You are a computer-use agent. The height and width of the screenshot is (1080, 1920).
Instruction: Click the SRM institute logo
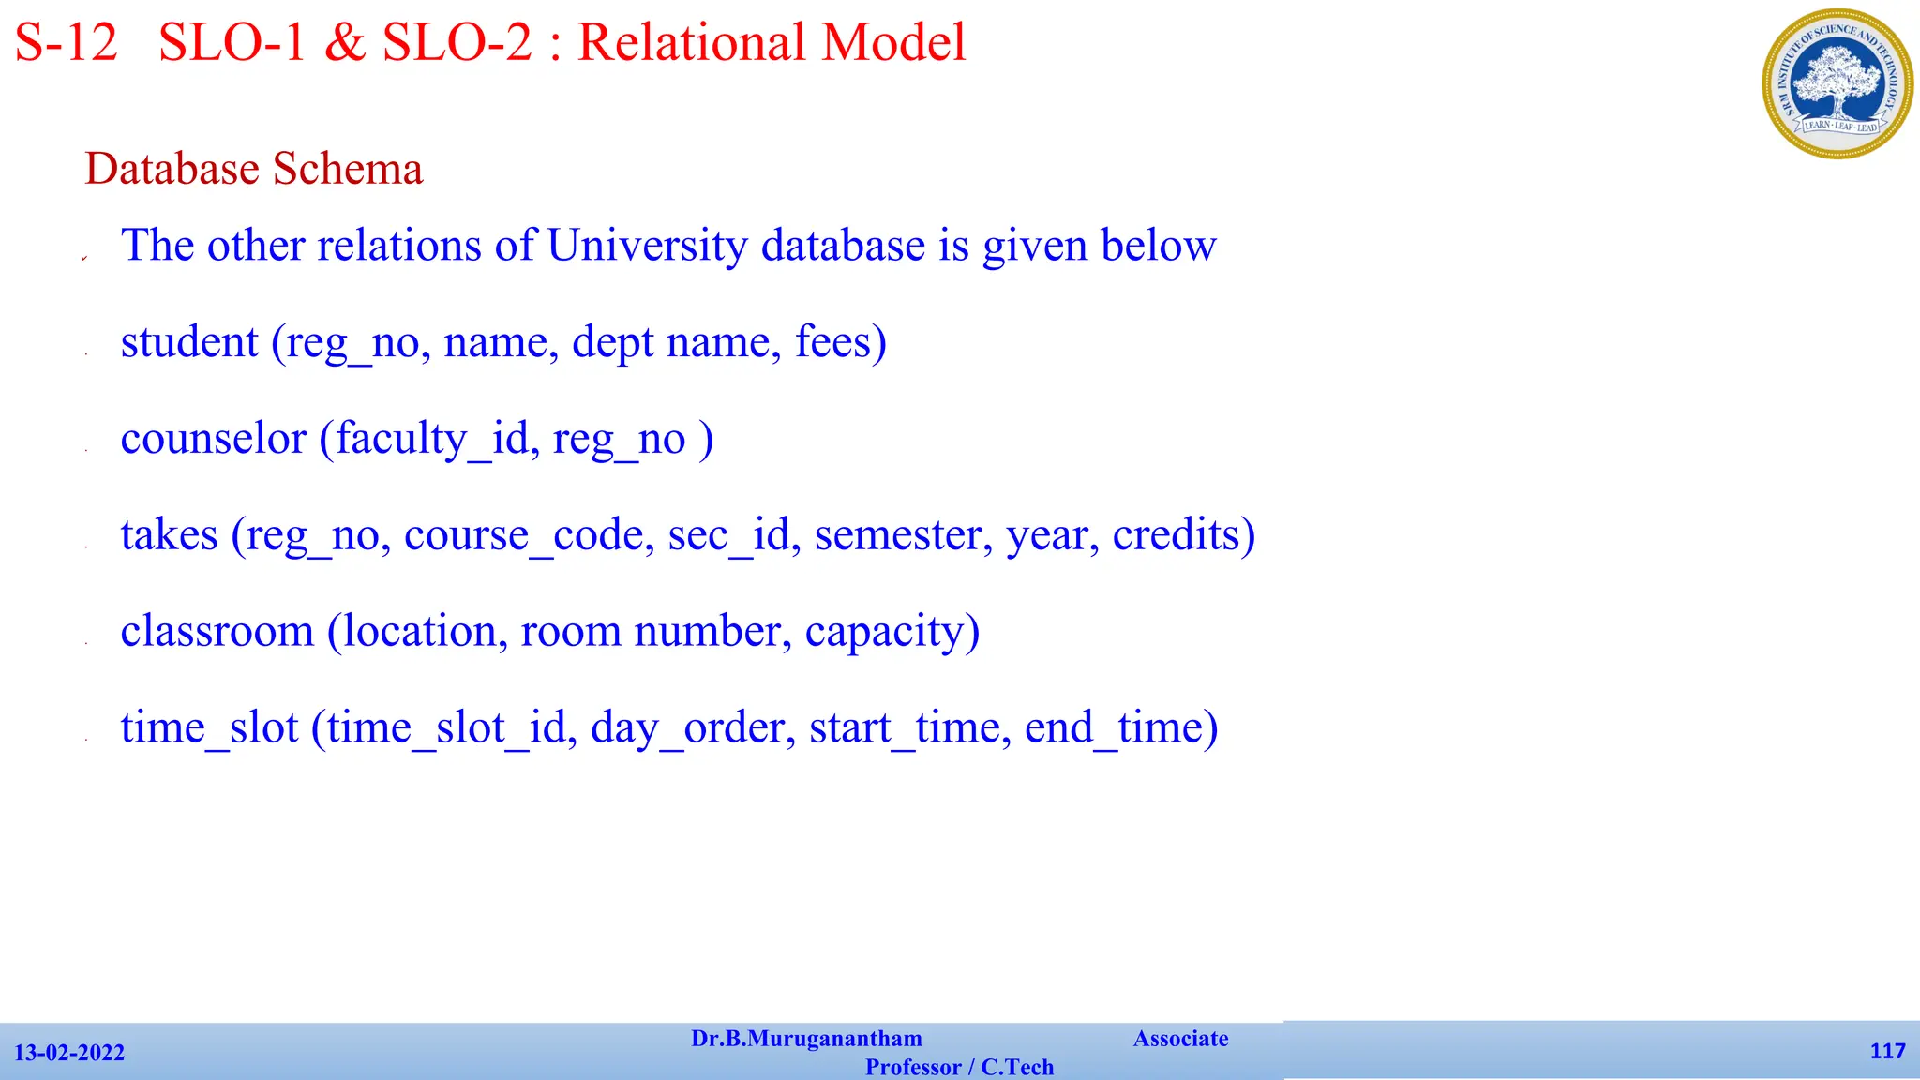(x=1837, y=83)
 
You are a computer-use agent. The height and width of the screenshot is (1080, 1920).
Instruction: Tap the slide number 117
(x=1887, y=1051)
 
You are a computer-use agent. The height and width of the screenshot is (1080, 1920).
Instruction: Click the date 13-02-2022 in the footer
(x=69, y=1053)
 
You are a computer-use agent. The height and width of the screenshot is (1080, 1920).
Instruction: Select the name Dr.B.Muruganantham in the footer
(x=806, y=1039)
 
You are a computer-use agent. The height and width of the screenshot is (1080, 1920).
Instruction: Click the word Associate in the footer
(x=1180, y=1039)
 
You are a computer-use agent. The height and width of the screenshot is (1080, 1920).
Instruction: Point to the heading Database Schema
(x=253, y=170)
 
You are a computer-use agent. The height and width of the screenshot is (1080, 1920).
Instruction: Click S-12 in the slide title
(x=67, y=43)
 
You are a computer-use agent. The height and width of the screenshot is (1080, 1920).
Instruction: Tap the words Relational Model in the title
(x=771, y=43)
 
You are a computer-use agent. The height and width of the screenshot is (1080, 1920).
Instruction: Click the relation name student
(x=189, y=341)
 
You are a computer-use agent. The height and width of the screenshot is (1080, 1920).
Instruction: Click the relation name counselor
(x=213, y=439)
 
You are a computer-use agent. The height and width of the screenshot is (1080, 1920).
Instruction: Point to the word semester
(x=898, y=535)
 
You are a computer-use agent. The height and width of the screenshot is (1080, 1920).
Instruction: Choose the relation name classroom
(x=217, y=632)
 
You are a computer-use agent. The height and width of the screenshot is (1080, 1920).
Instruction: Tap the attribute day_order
(x=687, y=728)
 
